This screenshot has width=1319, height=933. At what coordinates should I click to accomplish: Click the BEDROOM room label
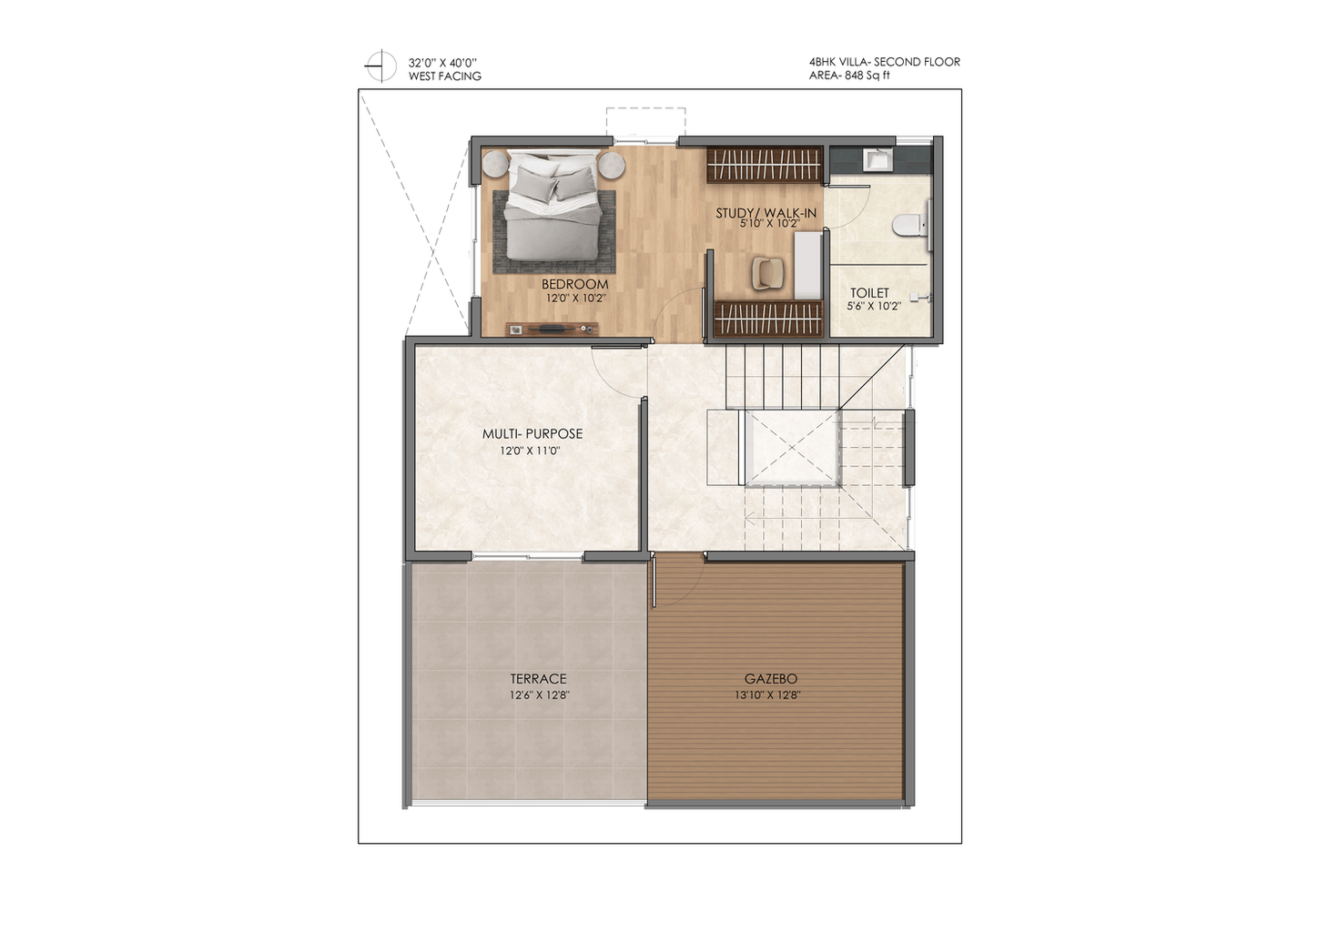point(574,284)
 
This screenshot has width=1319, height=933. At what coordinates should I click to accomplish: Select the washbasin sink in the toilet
point(878,159)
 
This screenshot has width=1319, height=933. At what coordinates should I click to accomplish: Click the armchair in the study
point(768,273)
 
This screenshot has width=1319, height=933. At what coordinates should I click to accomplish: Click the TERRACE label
point(538,679)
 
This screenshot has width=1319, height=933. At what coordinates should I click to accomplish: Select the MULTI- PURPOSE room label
point(533,434)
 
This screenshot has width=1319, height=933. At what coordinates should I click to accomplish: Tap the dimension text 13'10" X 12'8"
point(767,695)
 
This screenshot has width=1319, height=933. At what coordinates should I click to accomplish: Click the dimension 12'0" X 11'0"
point(530,451)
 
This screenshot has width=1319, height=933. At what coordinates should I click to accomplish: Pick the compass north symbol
point(380,66)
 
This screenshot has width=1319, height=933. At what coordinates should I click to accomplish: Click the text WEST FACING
point(444,76)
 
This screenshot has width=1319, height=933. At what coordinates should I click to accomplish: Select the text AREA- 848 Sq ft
point(849,76)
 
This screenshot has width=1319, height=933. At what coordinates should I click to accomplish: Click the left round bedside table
point(496,164)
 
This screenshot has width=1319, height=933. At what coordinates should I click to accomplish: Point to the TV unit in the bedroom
point(552,329)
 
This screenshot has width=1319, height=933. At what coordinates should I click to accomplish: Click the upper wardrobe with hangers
point(764,165)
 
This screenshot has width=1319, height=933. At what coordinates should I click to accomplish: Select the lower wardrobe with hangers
point(768,319)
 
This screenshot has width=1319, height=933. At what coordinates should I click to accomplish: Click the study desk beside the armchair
point(808,266)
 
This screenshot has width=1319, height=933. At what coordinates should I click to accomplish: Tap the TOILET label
point(869,293)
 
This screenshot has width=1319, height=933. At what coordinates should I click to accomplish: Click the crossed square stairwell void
point(792,448)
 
